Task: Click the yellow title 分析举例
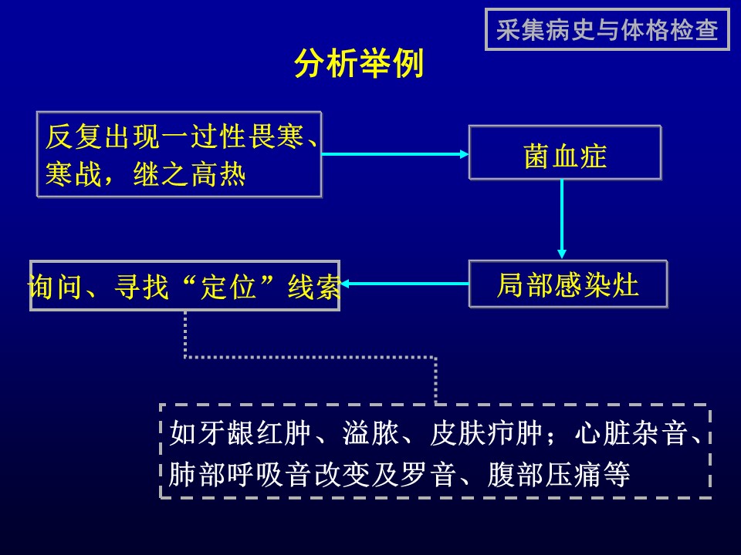(359, 63)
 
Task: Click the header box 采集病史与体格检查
(607, 29)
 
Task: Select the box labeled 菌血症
(565, 153)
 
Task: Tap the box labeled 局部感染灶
(568, 284)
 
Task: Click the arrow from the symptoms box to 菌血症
(395, 154)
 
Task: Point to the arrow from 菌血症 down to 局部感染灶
(562, 219)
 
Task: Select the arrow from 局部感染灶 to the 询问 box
(404, 284)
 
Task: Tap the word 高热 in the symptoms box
(218, 175)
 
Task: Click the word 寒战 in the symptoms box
(73, 175)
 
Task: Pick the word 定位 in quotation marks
(228, 286)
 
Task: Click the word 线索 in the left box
(314, 286)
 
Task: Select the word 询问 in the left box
(55, 286)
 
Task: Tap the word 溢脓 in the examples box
(371, 432)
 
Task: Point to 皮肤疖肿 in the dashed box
(486, 432)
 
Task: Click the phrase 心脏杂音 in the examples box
(631, 432)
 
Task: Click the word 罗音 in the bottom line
(428, 474)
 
